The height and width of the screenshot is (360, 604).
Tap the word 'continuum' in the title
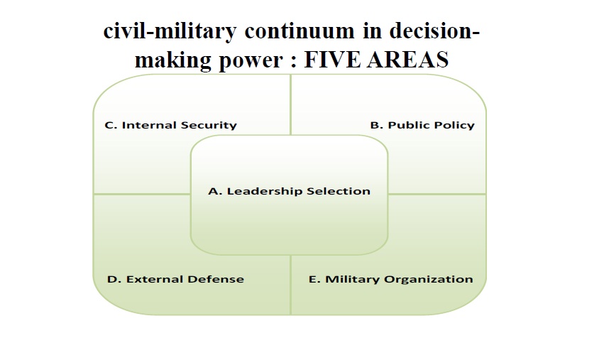(x=300, y=31)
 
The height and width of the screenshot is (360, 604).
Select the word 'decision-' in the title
(x=434, y=30)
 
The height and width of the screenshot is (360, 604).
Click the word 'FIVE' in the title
(x=332, y=60)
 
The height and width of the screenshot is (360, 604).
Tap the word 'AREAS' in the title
(x=407, y=60)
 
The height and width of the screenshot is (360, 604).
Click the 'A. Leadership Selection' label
(x=289, y=191)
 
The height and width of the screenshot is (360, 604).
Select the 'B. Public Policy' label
(x=422, y=125)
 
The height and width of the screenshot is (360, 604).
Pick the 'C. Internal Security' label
(x=170, y=125)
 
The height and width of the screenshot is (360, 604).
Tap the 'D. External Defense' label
(x=175, y=279)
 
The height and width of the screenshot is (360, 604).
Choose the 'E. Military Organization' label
(x=390, y=280)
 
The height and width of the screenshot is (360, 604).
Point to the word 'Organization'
(x=429, y=280)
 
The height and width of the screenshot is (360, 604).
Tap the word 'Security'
(x=209, y=125)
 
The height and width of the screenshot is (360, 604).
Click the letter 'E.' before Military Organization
(x=314, y=279)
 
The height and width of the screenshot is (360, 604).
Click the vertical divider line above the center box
(x=290, y=105)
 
